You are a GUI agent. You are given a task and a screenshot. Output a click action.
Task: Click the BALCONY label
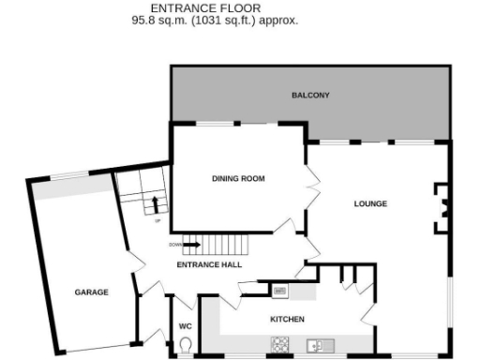pos(310,96)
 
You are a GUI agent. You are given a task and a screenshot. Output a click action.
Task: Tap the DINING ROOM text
pos(239,177)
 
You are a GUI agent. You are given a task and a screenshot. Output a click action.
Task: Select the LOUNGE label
pos(370,203)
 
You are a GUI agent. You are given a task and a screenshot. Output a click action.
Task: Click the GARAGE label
pos(92,292)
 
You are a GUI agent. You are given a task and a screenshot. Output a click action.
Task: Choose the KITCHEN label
pos(287,320)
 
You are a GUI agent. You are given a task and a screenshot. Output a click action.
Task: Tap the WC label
pos(185,326)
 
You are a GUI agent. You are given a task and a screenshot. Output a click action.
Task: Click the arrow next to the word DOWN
pos(191,245)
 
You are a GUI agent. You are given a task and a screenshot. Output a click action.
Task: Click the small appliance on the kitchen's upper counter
pos(279,292)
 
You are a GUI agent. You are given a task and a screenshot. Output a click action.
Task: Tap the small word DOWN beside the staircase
pos(174,245)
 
